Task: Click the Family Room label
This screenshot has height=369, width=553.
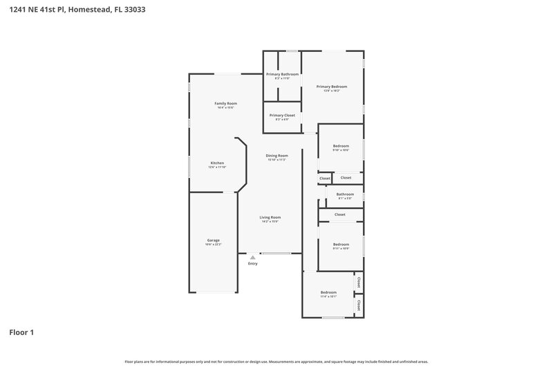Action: (225, 103)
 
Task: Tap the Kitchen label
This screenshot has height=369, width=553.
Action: (217, 163)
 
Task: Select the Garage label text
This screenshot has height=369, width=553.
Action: (213, 240)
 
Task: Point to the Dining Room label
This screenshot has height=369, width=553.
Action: (276, 156)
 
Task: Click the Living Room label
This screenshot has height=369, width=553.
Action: (270, 217)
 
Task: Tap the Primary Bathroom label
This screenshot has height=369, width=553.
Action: (282, 74)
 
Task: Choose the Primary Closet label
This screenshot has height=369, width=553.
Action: (282, 115)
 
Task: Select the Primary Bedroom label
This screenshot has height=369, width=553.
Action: (332, 87)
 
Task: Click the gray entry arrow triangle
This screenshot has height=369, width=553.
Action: (252, 258)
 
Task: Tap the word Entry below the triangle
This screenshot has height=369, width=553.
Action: (252, 264)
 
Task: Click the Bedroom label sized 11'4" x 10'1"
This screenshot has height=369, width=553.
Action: (328, 292)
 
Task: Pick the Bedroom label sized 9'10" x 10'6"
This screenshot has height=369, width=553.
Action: (341, 146)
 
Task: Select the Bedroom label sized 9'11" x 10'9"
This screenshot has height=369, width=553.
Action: (341, 244)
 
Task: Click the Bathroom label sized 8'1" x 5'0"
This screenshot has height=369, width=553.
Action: (345, 195)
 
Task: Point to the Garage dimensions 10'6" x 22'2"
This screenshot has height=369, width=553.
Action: (213, 244)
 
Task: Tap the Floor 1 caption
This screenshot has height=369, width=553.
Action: (21, 332)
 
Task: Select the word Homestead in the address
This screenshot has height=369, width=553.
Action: (88, 10)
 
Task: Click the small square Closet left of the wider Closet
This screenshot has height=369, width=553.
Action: (324, 179)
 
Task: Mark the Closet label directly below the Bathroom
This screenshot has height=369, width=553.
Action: (339, 215)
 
